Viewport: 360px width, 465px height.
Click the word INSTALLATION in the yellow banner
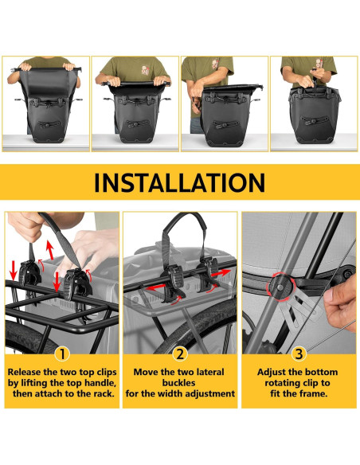[x=179, y=182]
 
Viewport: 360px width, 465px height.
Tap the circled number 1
[x=61, y=353]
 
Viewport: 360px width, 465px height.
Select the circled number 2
[x=180, y=353]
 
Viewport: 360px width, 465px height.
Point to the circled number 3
[x=299, y=353]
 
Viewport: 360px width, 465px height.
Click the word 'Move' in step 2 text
[x=150, y=372]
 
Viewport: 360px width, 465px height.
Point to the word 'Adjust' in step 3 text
[x=276, y=372]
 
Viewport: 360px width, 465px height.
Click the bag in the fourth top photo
[x=313, y=115]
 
